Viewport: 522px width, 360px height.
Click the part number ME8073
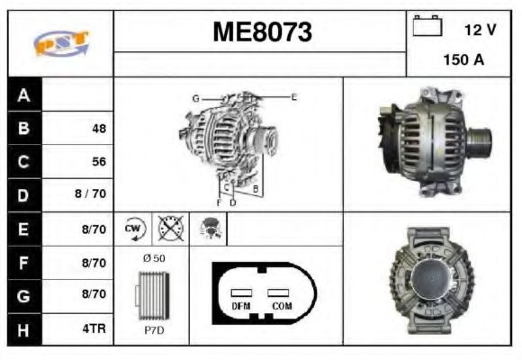262,32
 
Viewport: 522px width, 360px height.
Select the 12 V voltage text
480,30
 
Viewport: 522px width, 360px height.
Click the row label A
23,94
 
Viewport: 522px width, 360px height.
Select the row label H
23,329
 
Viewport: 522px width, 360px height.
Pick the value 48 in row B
98,129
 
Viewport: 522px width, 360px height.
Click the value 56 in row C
98,162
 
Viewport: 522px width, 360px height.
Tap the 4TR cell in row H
94,329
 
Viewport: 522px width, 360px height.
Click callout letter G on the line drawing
194,97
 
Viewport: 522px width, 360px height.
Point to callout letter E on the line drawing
293,96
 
